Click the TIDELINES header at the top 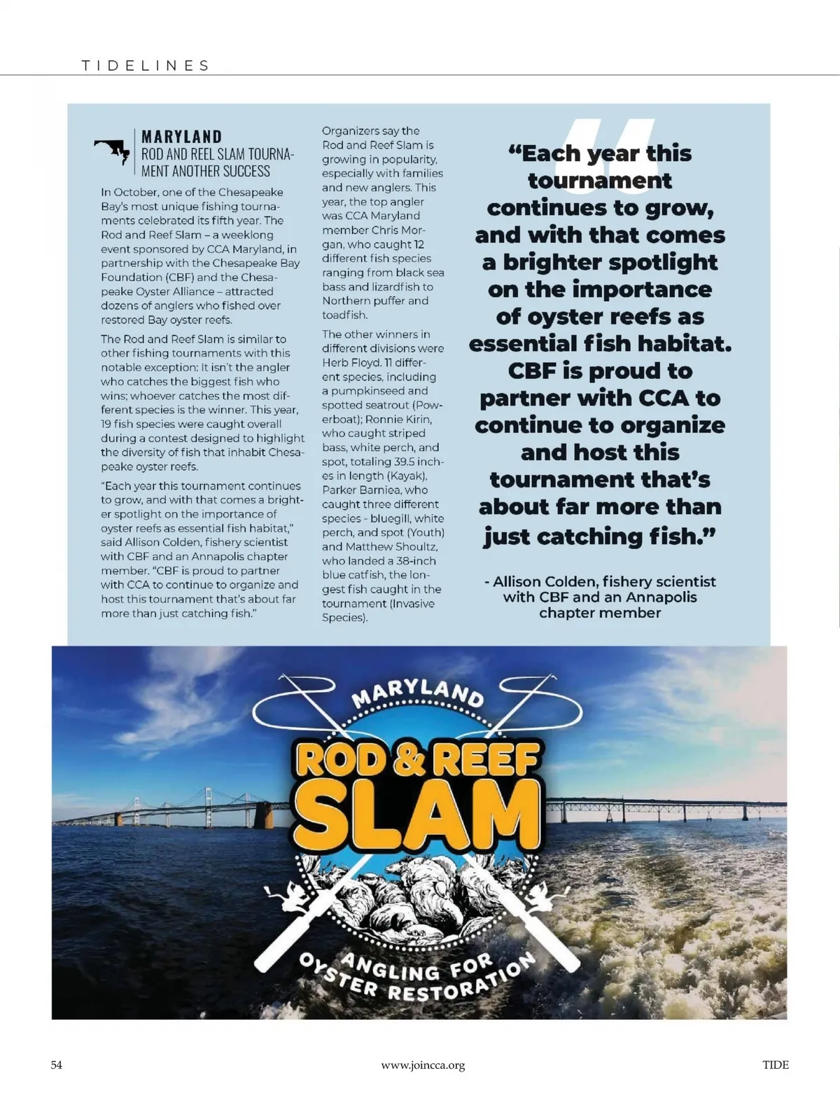(x=146, y=66)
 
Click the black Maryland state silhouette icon (x=112, y=150)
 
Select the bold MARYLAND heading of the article (x=181, y=137)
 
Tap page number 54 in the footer (x=57, y=1065)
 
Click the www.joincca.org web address (x=423, y=1065)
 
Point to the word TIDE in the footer (x=775, y=1065)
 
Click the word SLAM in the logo (x=418, y=812)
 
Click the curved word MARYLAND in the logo (x=417, y=690)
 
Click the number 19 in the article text (x=107, y=424)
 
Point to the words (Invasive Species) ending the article (x=378, y=611)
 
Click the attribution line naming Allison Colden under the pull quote (x=600, y=597)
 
